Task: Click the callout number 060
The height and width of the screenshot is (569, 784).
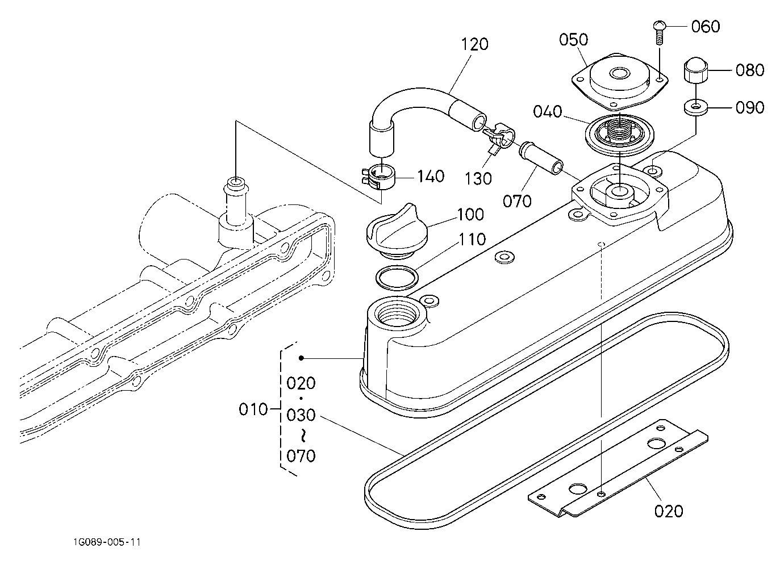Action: [705, 27]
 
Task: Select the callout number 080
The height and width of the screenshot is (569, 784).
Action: [750, 70]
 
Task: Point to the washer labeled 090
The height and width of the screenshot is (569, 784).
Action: [696, 107]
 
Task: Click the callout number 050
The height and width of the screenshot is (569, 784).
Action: [573, 40]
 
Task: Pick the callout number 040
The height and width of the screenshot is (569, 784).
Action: [548, 111]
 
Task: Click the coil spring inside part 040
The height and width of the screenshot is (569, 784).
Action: [619, 133]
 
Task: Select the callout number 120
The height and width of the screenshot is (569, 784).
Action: [474, 44]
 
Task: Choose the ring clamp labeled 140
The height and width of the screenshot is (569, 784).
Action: [378, 177]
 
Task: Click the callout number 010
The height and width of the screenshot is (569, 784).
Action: [253, 409]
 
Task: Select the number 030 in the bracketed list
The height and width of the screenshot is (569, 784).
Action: [301, 415]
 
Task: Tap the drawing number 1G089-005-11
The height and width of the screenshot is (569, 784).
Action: [107, 542]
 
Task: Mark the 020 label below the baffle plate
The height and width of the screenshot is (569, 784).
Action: [669, 511]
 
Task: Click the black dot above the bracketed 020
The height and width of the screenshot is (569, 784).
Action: [301, 358]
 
